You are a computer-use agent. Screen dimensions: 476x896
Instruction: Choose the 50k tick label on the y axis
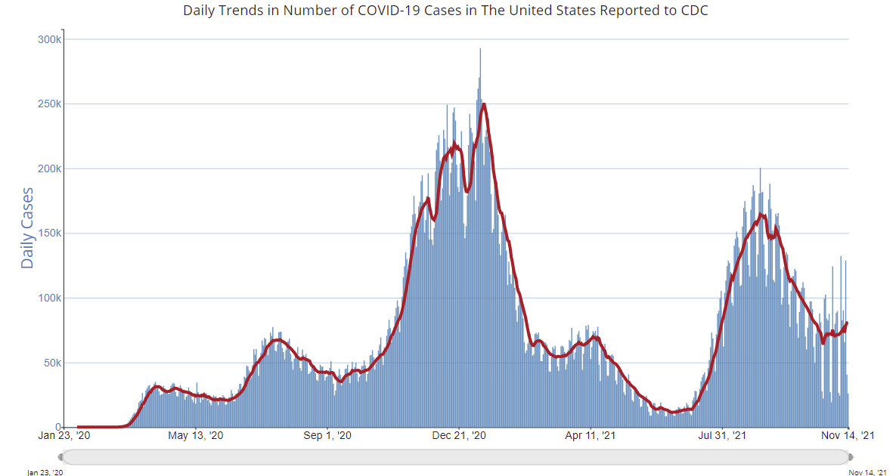coord(51,363)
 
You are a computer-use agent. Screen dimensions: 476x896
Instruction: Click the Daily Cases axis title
coord(27,228)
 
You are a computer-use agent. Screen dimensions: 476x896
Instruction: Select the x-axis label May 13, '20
coord(196,436)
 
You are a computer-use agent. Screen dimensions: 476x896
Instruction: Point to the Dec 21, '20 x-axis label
coord(457,436)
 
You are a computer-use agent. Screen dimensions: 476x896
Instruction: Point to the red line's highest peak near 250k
coord(483,104)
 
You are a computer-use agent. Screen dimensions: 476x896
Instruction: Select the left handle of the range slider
coord(60,457)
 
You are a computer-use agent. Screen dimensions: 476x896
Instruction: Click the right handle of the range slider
coord(851,457)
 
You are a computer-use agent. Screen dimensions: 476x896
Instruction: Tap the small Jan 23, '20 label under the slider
coord(44,471)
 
